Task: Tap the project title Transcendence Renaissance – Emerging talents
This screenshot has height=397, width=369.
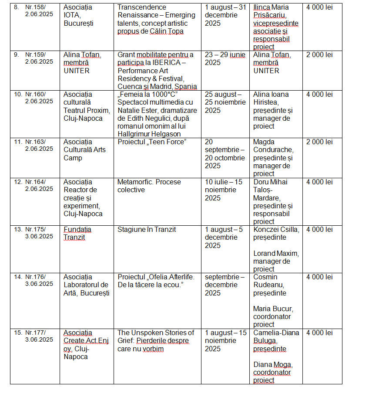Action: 156,15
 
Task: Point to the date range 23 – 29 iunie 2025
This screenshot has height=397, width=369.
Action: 225,58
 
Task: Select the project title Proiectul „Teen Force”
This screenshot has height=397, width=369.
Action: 151,142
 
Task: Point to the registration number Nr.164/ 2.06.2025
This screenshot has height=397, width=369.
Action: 39,185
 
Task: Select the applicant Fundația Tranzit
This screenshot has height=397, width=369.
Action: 77,233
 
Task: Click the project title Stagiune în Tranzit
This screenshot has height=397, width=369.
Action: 147,229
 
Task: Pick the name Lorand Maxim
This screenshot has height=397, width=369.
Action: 276,253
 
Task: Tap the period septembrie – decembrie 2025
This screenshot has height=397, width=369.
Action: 225,285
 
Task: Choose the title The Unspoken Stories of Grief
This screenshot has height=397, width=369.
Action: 156,336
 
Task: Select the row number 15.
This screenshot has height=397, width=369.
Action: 18,333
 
